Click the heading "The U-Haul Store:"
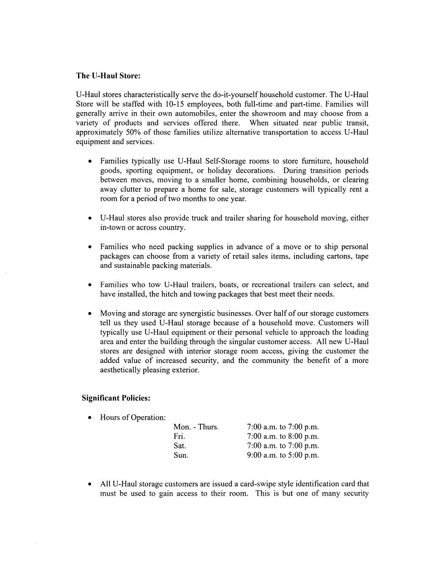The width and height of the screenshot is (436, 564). (x=108, y=76)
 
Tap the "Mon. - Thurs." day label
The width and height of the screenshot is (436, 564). (x=196, y=427)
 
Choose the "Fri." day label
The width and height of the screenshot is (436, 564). (x=179, y=437)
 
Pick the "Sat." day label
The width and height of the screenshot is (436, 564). (x=180, y=446)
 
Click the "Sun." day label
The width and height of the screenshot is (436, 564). (x=181, y=455)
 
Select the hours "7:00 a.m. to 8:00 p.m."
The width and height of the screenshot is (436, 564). (x=283, y=437)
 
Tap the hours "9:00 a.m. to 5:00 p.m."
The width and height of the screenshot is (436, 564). (x=283, y=455)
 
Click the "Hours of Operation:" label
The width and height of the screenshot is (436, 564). (x=133, y=417)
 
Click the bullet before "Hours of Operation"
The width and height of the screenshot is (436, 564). (x=90, y=418)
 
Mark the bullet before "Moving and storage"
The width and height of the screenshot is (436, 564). (x=90, y=313)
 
